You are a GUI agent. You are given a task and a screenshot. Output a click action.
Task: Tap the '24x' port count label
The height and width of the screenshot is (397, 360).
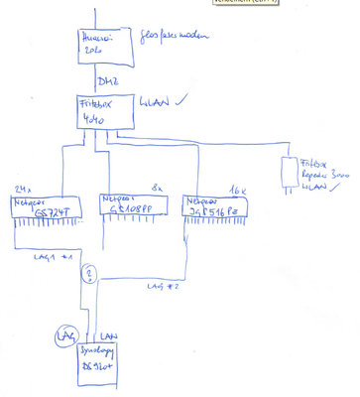[25, 189]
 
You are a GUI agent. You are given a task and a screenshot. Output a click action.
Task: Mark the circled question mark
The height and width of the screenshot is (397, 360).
[90, 274]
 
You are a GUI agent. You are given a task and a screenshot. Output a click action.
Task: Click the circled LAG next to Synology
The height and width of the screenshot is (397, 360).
[69, 338]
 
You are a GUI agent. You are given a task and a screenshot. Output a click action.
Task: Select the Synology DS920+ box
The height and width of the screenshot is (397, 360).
[101, 362]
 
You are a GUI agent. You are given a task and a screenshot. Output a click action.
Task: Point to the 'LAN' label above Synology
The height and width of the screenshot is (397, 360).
[109, 337]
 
